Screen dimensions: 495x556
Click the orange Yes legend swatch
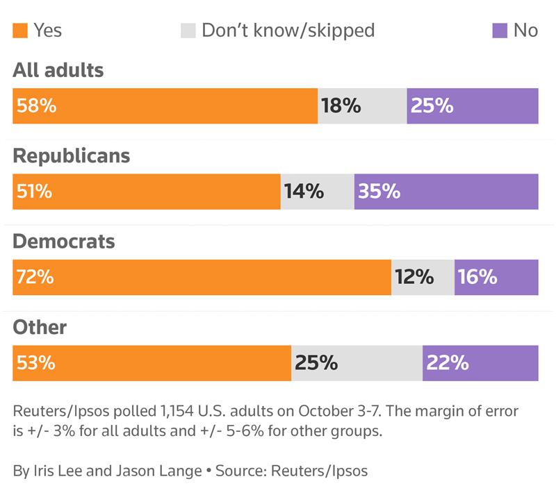[x=20, y=31]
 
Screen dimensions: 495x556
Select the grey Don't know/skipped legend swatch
[x=188, y=31]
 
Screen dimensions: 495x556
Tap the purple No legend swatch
[x=499, y=31]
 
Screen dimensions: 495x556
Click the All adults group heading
[x=58, y=70]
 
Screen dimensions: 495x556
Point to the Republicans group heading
[x=72, y=156]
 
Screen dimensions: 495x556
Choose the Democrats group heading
[x=64, y=242]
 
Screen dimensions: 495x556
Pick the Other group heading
[x=40, y=327]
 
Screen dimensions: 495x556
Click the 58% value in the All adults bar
[x=34, y=106]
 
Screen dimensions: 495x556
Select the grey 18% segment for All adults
[x=362, y=106]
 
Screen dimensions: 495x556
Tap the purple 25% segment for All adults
[x=473, y=106]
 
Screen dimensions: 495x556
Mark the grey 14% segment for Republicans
[x=318, y=192]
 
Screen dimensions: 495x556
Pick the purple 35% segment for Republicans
[x=446, y=192]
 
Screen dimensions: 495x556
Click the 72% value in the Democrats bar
[x=34, y=277]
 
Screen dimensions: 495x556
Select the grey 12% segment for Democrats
[x=423, y=277]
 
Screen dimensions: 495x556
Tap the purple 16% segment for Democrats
[x=496, y=277]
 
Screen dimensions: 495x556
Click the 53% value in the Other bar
[x=34, y=363]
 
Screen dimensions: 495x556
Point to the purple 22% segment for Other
[x=480, y=363]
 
